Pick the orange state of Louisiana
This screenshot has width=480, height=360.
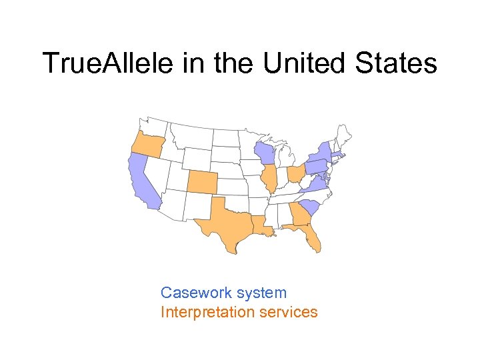pyautogui.click(x=263, y=226)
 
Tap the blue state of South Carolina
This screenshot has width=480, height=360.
pyautogui.click(x=310, y=206)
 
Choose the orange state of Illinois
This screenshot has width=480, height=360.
pyautogui.click(x=269, y=178)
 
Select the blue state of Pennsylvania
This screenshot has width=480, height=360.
pyautogui.click(x=317, y=165)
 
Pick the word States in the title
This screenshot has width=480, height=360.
pyautogui.click(x=400, y=63)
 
